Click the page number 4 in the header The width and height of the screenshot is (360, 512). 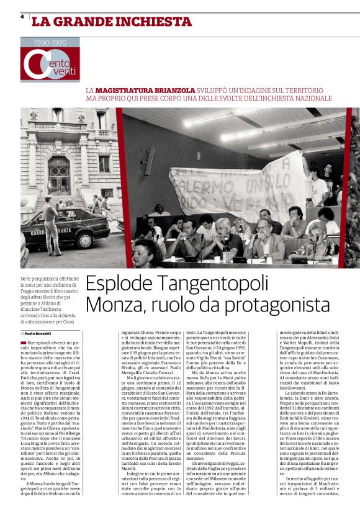pyautogui.click(x=22, y=17)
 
